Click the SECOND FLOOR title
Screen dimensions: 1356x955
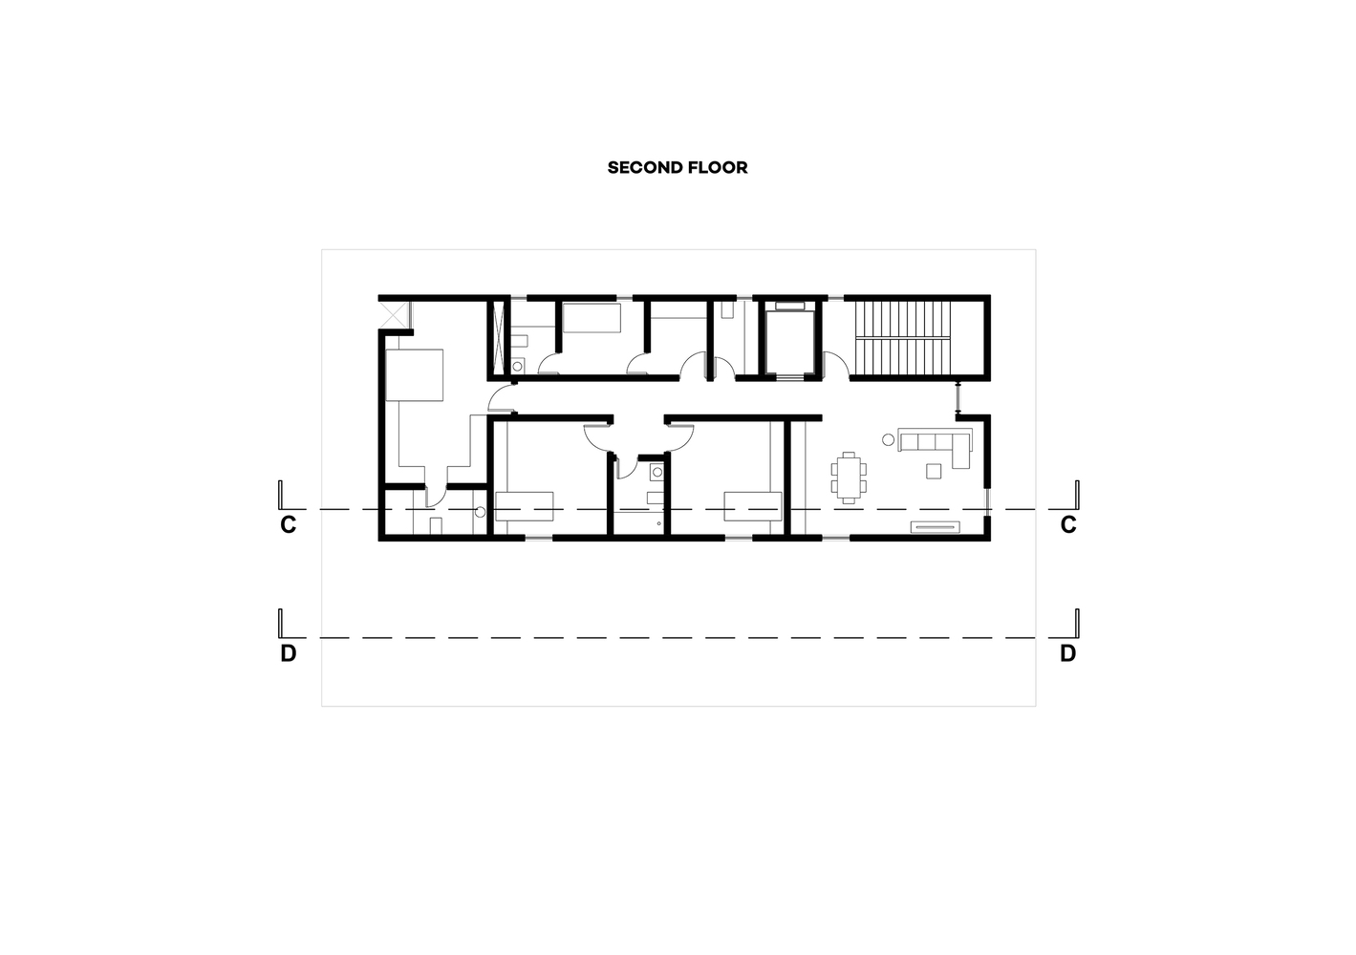(678, 167)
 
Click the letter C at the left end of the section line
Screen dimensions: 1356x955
(289, 525)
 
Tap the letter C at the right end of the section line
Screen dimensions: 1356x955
(1068, 525)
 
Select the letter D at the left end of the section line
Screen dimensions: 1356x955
(289, 653)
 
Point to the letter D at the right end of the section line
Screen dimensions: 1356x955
(1068, 653)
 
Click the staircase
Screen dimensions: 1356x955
(902, 338)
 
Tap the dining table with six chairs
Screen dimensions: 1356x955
(849, 477)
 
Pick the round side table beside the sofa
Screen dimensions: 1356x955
(888, 440)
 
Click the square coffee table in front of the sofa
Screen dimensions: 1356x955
(934, 471)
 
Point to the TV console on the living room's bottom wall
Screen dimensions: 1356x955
(936, 527)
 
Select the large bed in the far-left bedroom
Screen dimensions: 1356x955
(415, 375)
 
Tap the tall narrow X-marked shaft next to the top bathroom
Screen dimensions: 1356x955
(500, 338)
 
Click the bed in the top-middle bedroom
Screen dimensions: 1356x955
(592, 317)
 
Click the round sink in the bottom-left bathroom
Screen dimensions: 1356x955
(481, 512)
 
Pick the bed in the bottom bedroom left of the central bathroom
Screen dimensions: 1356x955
(525, 507)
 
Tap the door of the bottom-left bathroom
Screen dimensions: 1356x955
(435, 495)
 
